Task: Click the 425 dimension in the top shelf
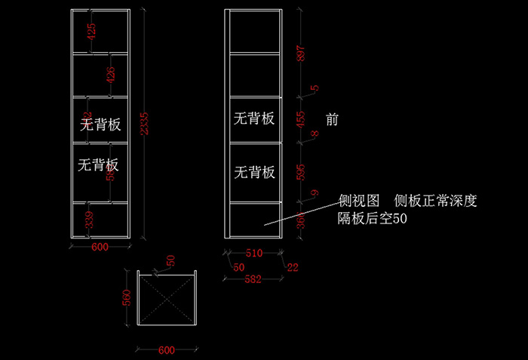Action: [x=91, y=32]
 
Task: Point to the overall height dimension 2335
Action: [x=145, y=125]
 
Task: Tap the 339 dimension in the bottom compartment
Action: [x=90, y=220]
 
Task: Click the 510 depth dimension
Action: [x=254, y=254]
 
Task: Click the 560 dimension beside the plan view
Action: [x=127, y=298]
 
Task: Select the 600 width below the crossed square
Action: [x=166, y=349]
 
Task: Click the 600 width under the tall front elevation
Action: [x=100, y=247]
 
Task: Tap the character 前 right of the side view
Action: [x=333, y=119]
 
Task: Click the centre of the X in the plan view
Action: [x=167, y=298]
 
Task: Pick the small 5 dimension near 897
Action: [x=315, y=88]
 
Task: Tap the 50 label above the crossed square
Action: [x=170, y=260]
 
